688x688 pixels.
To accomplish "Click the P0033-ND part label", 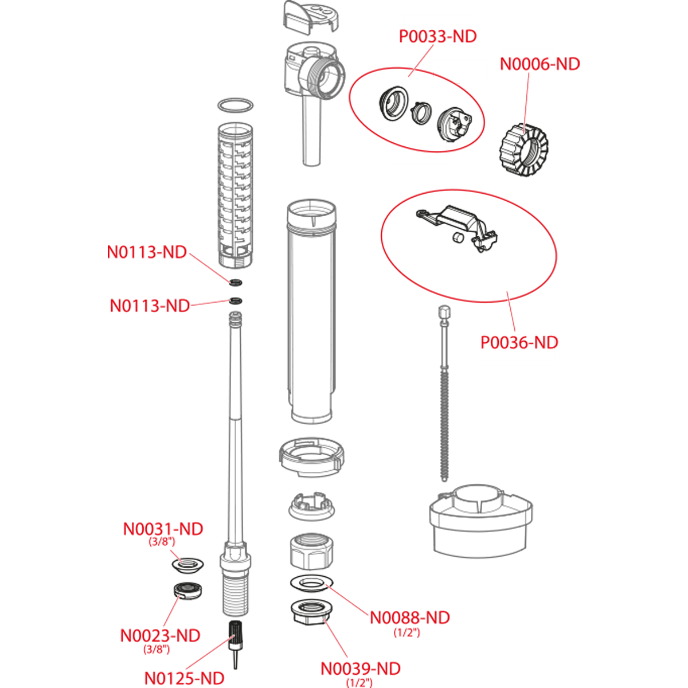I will click(x=438, y=37).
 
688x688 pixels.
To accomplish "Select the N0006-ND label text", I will click(x=540, y=64).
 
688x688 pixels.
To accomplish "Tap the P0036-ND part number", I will click(x=519, y=343).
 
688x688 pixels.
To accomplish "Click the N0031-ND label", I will click(x=163, y=529).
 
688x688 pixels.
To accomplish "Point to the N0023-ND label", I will click(x=161, y=635).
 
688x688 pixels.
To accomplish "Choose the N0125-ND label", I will click(x=184, y=678).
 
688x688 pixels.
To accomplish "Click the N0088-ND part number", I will click(x=409, y=617).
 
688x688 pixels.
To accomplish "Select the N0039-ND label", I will click(x=360, y=669).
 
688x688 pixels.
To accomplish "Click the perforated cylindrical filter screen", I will click(x=235, y=195).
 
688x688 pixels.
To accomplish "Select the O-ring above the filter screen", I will click(x=236, y=105).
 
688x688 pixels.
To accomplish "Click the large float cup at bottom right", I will click(x=480, y=522).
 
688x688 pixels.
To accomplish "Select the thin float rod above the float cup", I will click(x=443, y=396).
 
